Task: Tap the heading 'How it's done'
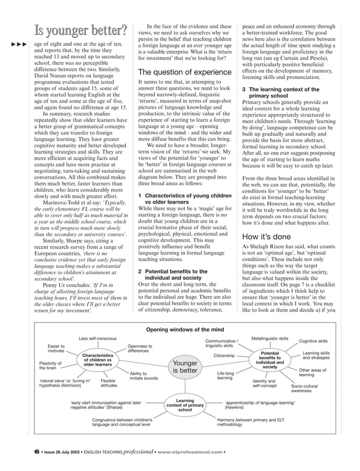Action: [267, 237]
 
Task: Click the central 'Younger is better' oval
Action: [185, 367]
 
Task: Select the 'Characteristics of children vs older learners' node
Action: [98, 360]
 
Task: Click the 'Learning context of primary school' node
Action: [185, 405]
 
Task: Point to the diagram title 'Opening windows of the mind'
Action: [185, 329]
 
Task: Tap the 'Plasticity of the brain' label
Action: [51, 366]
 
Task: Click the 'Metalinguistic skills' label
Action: [270, 338]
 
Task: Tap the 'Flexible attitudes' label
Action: [109, 384]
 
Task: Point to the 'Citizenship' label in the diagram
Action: [224, 356]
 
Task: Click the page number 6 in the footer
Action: [36, 451]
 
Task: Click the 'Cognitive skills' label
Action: [313, 341]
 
